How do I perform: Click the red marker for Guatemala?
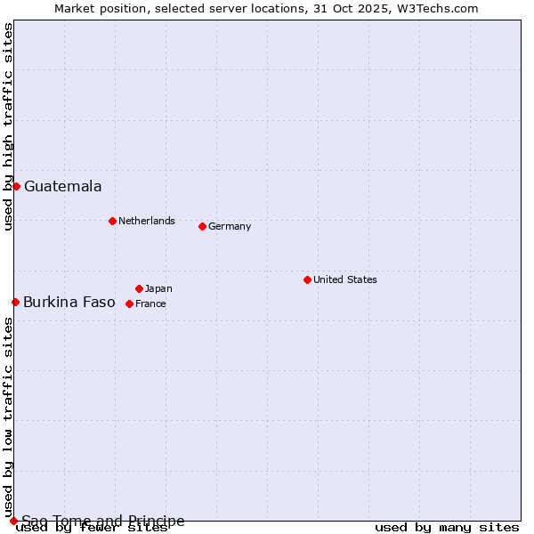pyautogui.click(x=16, y=186)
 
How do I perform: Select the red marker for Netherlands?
pyautogui.click(x=112, y=221)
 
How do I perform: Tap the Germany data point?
pyautogui.click(x=202, y=226)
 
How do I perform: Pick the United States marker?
pyautogui.click(x=307, y=279)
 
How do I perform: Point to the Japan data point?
pyautogui.click(x=139, y=288)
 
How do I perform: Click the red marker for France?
pyautogui.click(x=129, y=303)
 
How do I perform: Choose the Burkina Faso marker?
pyautogui.click(x=15, y=302)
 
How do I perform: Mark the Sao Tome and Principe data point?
pyautogui.click(x=13, y=521)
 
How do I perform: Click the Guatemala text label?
pyautogui.click(x=62, y=187)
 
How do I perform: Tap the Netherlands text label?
pyautogui.click(x=147, y=221)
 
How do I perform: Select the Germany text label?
pyautogui.click(x=230, y=226)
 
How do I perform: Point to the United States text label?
pyautogui.click(x=345, y=279)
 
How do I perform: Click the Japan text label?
pyautogui.click(x=158, y=288)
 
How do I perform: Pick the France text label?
pyautogui.click(x=150, y=303)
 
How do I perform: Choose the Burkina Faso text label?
pyautogui.click(x=69, y=303)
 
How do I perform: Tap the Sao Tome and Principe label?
pyautogui.click(x=103, y=521)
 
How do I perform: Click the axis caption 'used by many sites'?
pyautogui.click(x=447, y=528)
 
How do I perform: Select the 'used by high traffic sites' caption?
pyautogui.click(x=9, y=126)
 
